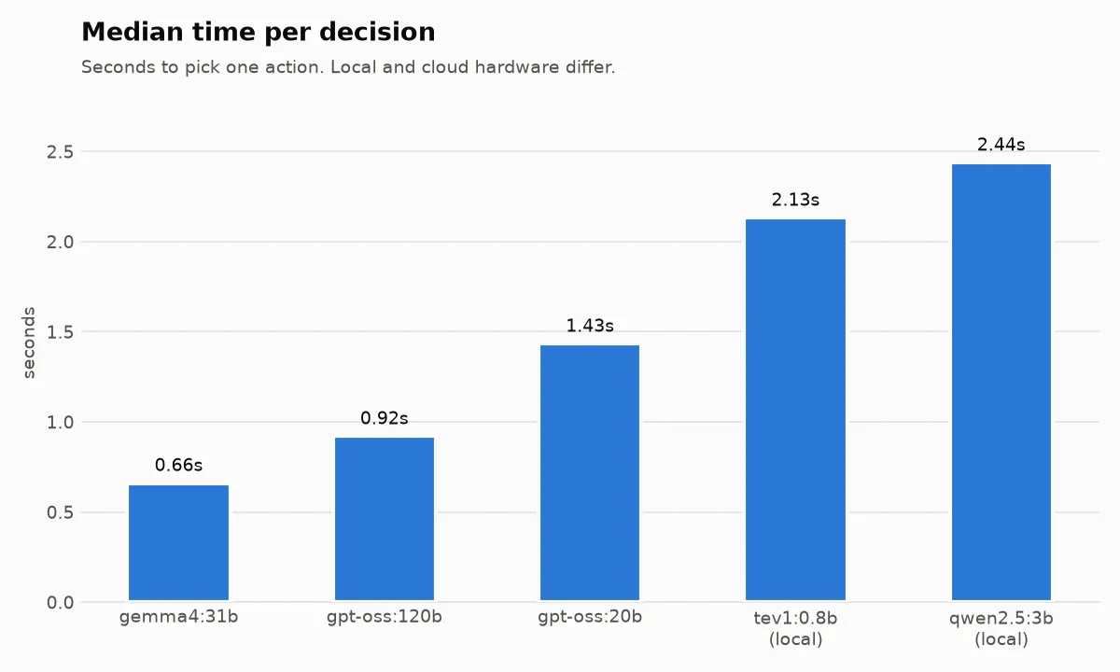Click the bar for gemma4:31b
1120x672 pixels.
[178, 542]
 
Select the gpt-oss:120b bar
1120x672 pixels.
[385, 519]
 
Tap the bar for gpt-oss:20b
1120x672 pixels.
[590, 472]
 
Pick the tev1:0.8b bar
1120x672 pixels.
[795, 410]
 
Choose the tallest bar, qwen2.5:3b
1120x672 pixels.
[1001, 382]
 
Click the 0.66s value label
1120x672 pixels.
[178, 465]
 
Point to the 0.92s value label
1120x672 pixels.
[385, 418]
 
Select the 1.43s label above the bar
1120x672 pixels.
[590, 326]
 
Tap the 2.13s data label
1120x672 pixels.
[795, 200]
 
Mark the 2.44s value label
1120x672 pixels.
[1001, 145]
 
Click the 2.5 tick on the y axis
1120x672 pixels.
[60, 152]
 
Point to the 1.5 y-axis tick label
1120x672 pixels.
[60, 332]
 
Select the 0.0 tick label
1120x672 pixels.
[60, 603]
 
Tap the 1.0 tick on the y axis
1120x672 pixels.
[60, 423]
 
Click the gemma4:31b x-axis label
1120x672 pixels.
[178, 617]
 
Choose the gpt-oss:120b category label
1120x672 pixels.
[385, 617]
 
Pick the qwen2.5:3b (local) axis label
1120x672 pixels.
[1001, 628]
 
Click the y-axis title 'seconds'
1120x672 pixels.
[29, 343]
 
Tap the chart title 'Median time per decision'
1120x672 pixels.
[258, 32]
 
